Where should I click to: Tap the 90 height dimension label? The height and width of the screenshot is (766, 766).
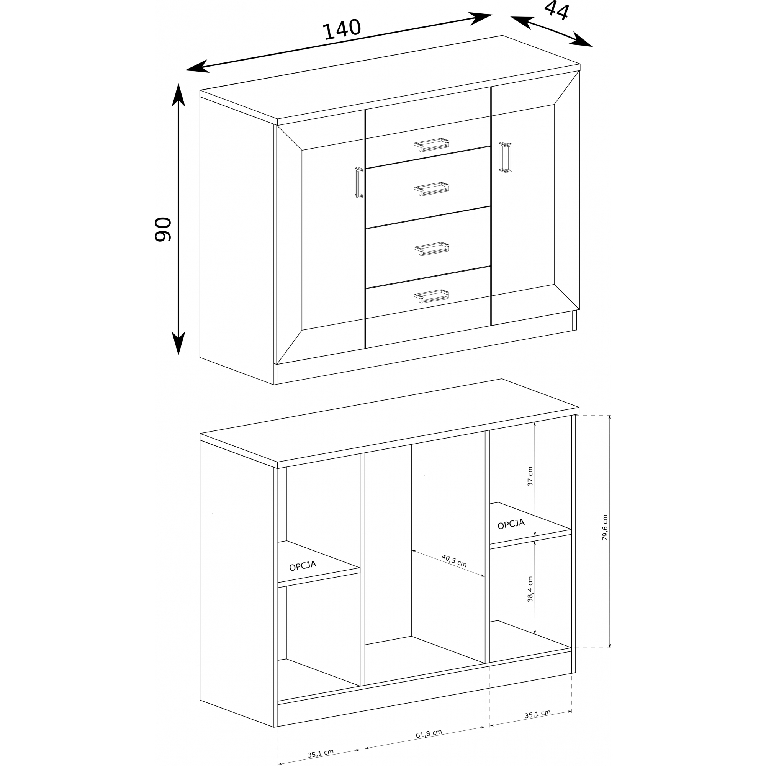coord(162,229)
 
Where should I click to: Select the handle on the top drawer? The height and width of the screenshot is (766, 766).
coord(431,145)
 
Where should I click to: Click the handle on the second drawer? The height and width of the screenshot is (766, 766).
coord(431,189)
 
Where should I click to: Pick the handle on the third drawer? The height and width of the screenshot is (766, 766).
coord(431,249)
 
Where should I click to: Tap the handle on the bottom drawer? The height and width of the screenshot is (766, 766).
coord(431,296)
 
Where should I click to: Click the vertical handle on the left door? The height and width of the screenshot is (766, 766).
coord(359,182)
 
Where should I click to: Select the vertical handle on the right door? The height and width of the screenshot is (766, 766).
coord(506,157)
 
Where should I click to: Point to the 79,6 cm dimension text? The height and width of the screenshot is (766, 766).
coord(605,527)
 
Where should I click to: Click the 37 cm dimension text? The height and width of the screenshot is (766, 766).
coord(530,476)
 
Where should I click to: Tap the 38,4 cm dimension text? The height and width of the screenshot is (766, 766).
coord(530,589)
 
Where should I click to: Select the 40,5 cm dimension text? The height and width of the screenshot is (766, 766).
coord(454,561)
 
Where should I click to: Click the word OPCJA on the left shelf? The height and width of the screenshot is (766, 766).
coord(303,566)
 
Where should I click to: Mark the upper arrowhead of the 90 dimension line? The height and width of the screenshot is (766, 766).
coord(178,95)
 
